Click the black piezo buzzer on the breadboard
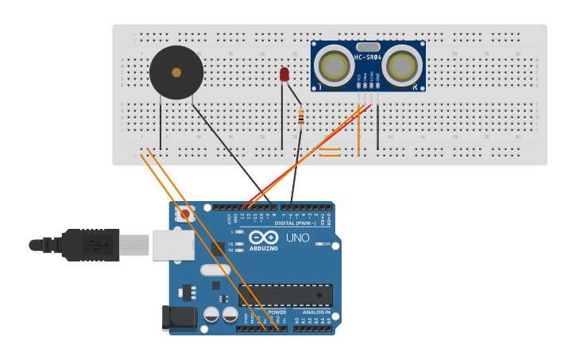[176, 72]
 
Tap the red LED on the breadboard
[284, 75]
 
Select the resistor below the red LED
[301, 118]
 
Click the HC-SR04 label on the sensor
[368, 57]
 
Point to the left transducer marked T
[334, 66]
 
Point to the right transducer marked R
[402, 66]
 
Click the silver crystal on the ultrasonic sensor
[368, 47]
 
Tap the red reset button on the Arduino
[185, 213]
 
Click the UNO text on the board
[297, 238]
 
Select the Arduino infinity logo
[263, 237]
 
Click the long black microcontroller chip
[285, 295]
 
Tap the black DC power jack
[178, 318]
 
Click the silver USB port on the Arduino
[173, 245]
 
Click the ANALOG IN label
[316, 312]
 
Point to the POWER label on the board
[276, 312]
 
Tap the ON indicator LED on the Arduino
[320, 244]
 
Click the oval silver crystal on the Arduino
[215, 270]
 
